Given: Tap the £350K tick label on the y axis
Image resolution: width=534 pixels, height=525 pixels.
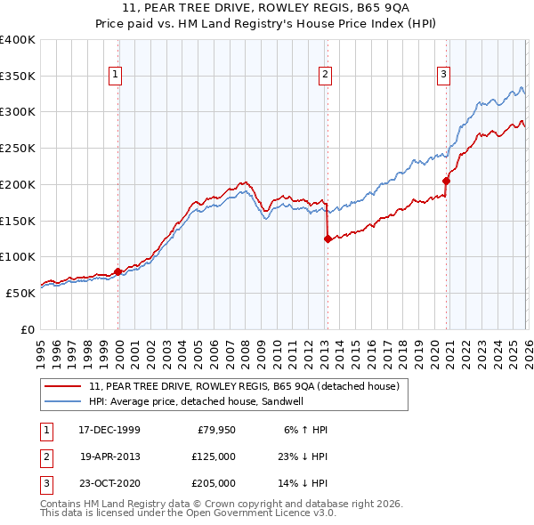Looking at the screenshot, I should pyautogui.click(x=18, y=77).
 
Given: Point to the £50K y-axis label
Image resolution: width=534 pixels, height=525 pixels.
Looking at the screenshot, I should pyautogui.click(x=20, y=293).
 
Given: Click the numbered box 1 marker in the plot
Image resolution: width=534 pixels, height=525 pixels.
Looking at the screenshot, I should pyautogui.click(x=116, y=76).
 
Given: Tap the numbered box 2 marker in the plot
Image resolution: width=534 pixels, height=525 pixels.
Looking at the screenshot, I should pyautogui.click(x=326, y=76).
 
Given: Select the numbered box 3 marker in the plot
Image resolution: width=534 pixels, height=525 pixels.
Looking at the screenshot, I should pyautogui.click(x=443, y=76).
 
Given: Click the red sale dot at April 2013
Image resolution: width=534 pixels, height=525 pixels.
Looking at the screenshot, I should pyautogui.click(x=328, y=238).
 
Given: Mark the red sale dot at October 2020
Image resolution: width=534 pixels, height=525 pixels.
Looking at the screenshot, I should pyautogui.click(x=446, y=181).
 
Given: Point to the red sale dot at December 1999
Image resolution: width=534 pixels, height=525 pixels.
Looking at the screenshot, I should pyautogui.click(x=117, y=271).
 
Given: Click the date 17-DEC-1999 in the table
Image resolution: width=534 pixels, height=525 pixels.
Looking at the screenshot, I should pyautogui.click(x=109, y=430).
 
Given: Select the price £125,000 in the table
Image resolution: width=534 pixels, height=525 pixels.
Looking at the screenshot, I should pyautogui.click(x=214, y=456).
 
